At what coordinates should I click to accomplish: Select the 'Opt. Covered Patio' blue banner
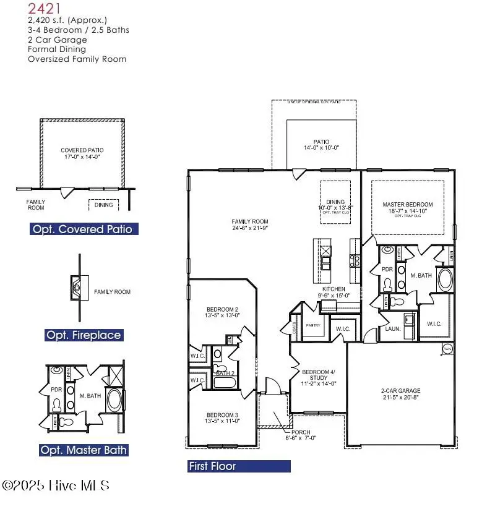pos(83,229)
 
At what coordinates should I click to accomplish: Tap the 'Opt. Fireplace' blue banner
pos(84,335)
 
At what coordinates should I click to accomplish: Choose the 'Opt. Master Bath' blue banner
pos(84,450)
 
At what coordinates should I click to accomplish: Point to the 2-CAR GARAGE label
pos(400,391)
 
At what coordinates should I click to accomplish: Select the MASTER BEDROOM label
pos(407,205)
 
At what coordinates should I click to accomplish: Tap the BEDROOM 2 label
pos(222,309)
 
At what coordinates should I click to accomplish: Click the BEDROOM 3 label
pos(222,415)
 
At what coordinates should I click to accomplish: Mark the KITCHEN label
pos(334,289)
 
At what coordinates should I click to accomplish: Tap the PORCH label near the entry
pos(301,432)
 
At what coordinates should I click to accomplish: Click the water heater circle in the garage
pos(447,349)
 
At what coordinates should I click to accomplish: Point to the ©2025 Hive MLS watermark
pos(56,485)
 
